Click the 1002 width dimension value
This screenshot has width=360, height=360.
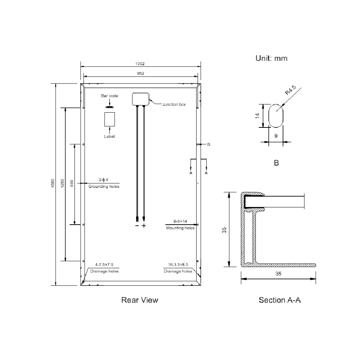click(140, 64)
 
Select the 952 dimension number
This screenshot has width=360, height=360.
click(140, 73)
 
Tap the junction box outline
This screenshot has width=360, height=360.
click(132, 99)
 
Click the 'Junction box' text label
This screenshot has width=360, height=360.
click(174, 104)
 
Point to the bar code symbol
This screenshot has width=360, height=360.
click(109, 107)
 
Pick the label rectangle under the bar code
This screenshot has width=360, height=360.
click(105, 120)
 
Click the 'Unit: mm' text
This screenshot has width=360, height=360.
click(271, 58)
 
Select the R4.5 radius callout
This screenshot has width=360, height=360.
click(291, 90)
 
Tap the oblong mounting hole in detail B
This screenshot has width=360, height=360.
click(269, 116)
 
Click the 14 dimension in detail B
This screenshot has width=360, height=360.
click(257, 116)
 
